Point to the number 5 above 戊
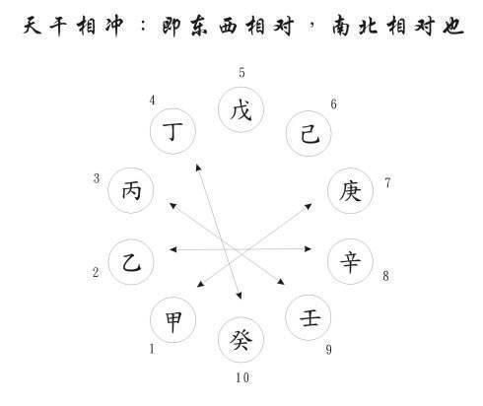(241, 73)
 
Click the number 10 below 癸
(242, 377)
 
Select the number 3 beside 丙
(97, 178)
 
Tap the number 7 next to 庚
(387, 182)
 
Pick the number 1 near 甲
(152, 349)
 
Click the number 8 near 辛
(385, 276)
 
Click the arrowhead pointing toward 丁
(198, 168)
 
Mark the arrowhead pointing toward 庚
(309, 206)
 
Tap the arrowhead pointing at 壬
(281, 282)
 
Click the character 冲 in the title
(114, 26)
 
